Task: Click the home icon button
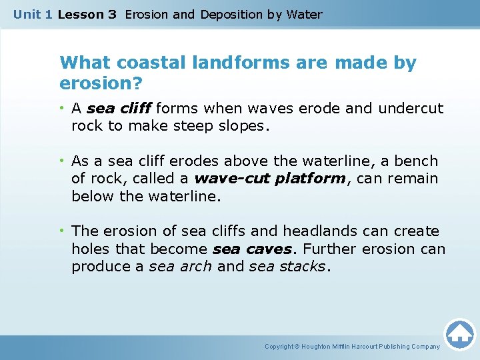pyautogui.click(x=460, y=334)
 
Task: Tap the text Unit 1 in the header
pyautogui.click(x=33, y=14)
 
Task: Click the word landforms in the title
pyautogui.click(x=230, y=63)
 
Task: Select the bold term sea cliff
pyautogui.click(x=119, y=108)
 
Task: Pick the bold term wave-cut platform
pyautogui.click(x=270, y=179)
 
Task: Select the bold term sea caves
pyautogui.click(x=252, y=249)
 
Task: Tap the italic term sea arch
pyautogui.click(x=180, y=266)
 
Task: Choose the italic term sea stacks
pyautogui.click(x=287, y=266)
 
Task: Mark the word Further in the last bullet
pyautogui.click(x=329, y=249)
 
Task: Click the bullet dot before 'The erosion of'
pyautogui.click(x=63, y=231)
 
